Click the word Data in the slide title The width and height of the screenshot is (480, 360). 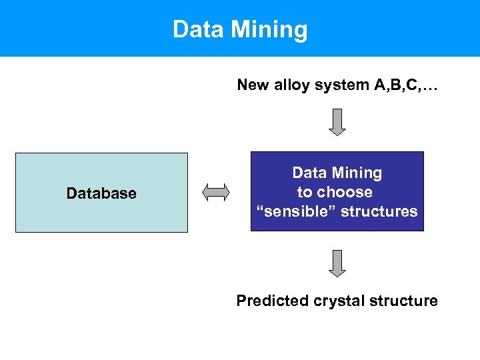[x=196, y=30]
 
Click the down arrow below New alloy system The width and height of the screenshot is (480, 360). [x=338, y=122]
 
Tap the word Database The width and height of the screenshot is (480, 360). [x=101, y=193]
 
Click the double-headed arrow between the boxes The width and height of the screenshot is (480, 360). [x=216, y=192]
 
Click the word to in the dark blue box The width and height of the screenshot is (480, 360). [x=304, y=193]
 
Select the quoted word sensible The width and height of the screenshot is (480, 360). [x=292, y=212]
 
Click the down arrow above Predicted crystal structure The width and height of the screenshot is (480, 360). [x=338, y=263]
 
